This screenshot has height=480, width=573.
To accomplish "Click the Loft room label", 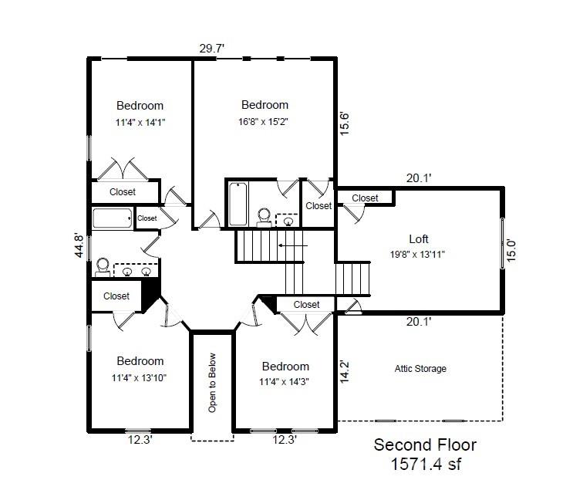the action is pos(419,239).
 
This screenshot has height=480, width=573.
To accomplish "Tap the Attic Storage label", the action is pos(420,369).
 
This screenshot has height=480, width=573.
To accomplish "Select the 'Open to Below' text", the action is pos(212,383).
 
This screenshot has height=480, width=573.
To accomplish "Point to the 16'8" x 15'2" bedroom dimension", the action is pos(263,122).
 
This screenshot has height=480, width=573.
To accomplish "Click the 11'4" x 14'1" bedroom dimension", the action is pos(140,123).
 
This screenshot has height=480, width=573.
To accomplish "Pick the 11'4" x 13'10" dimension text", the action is pos(139,377).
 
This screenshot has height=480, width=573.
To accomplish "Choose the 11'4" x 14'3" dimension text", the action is pos(284,382).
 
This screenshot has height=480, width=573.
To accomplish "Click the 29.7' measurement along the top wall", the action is pos(211,49).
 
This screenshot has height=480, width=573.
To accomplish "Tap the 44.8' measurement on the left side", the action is pos(79,245).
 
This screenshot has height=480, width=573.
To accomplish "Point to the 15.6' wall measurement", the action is pos(344,123).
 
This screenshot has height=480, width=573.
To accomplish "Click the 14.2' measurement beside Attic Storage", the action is pos(344,371).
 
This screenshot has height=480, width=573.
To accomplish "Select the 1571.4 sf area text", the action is pos(426,465).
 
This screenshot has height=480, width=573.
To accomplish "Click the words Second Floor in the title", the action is pos(425,445).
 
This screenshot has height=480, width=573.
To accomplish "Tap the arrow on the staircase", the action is pos(293,245).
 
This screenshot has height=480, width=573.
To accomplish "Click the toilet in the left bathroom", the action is pos(103,267).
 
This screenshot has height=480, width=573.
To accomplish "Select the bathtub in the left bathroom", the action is pos(112,218).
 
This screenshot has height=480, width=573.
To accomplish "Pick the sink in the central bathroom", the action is pos(288,221).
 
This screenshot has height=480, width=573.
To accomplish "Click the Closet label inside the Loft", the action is pos(365,198).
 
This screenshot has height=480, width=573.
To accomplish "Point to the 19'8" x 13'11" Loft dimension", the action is pos(417,255).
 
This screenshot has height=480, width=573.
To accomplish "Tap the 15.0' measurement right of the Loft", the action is pos(511,251).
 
